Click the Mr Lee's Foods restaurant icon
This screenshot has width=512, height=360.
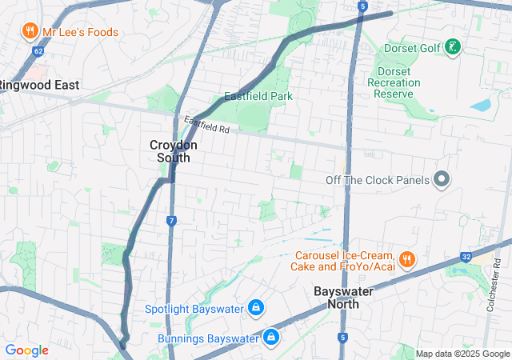tap(30, 31)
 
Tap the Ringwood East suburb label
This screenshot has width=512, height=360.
tap(38, 84)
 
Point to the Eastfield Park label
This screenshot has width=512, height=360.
tap(258, 97)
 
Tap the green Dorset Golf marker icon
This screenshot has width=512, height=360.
tap(454, 47)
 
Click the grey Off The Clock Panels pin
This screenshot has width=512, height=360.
tap(441, 180)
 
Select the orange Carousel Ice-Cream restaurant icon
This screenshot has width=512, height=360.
tap(407, 258)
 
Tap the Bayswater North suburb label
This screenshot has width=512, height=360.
tap(344, 298)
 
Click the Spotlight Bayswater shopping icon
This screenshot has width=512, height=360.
tap(256, 308)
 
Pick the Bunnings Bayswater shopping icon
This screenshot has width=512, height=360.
tap(272, 338)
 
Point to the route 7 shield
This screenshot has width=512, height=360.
tap(172, 220)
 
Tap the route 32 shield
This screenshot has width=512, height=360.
tap(466, 257)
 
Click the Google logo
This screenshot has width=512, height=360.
tap(26, 350)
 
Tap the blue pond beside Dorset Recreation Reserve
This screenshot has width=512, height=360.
tap(482, 105)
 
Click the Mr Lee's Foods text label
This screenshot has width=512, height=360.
tap(80, 33)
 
